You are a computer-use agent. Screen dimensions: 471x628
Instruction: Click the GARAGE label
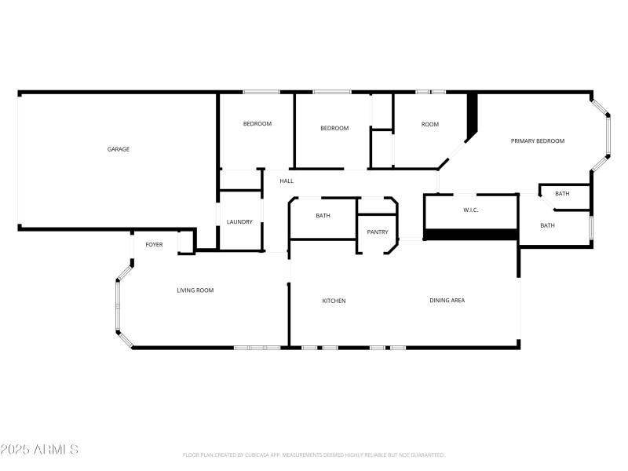[119, 149]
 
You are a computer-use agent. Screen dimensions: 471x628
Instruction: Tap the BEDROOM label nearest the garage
[257, 124]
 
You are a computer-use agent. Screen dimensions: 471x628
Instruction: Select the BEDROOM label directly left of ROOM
[334, 128]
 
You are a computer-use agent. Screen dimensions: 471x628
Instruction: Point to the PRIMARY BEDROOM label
[538, 141]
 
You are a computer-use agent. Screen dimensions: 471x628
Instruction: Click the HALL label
[287, 181]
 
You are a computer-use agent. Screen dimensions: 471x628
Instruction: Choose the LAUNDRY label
[239, 222]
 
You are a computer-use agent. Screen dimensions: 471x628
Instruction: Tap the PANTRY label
[378, 232]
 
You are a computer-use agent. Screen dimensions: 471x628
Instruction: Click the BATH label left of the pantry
[323, 216]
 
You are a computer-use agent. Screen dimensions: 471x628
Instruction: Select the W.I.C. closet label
[471, 210]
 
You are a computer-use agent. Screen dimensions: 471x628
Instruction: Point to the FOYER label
[154, 245]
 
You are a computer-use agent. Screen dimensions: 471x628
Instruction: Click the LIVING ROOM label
[195, 290]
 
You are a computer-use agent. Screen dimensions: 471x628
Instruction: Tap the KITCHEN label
[334, 301]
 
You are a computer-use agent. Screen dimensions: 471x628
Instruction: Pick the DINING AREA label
[447, 300]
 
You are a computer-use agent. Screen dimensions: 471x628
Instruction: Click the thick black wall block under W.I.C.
[470, 234]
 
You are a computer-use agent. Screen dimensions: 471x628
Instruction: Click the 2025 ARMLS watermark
[39, 450]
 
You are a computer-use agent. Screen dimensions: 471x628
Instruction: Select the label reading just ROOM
[429, 125]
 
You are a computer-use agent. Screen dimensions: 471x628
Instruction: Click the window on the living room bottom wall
[257, 347]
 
